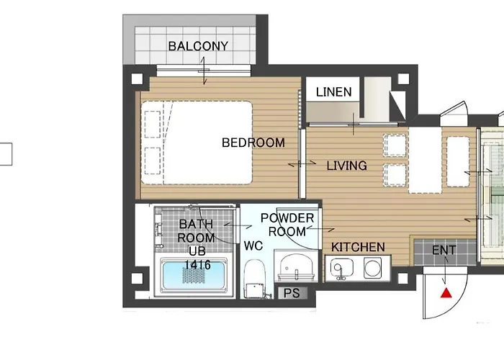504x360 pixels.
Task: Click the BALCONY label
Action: coord(198,46)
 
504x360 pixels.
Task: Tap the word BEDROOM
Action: coord(253,143)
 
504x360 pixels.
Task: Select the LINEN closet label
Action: coord(333,91)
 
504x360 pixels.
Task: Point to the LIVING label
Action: coord(346,166)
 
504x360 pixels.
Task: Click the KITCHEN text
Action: coord(358,247)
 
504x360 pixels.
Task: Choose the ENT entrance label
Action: coord(444,251)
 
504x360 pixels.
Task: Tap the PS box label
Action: coord(292,293)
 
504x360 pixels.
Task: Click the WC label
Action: coord(253,246)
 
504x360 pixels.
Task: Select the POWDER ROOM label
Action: coord(287,225)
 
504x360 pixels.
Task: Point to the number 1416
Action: coord(197,265)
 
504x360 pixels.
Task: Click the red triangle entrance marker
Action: coord(446,293)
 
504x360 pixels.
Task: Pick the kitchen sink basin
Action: coord(339,269)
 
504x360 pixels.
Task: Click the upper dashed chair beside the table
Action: coord(395,145)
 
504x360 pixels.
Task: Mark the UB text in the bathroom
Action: coord(197,251)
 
